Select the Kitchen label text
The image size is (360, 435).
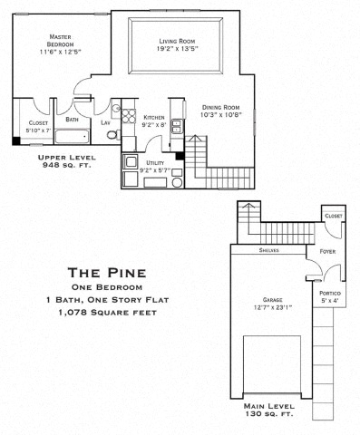[153, 118]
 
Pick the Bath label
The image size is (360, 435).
[71, 120]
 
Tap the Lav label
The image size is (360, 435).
[105, 122]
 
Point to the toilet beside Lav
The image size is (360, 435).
[112, 136]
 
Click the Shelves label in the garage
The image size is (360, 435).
[268, 250]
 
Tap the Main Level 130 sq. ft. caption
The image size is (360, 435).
[270, 411]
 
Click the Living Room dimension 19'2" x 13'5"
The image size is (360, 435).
[179, 49]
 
